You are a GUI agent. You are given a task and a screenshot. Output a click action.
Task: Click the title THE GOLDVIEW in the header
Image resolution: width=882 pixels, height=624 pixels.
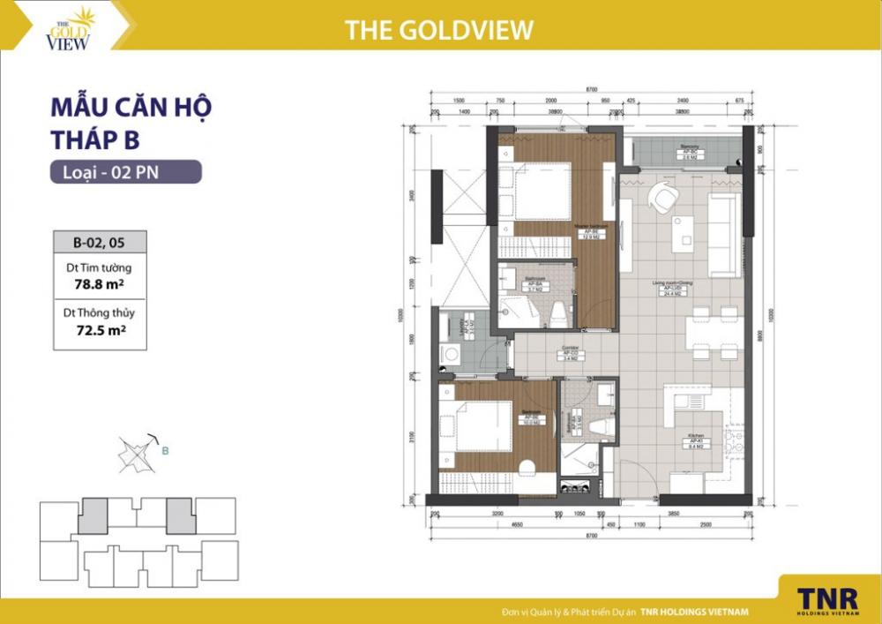[439, 30]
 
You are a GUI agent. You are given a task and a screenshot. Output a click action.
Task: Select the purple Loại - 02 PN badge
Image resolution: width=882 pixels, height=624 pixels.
[125, 172]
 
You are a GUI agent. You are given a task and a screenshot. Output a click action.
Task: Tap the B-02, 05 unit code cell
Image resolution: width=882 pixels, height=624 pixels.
[97, 242]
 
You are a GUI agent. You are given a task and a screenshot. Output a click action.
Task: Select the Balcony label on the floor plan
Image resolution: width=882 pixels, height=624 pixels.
[690, 149]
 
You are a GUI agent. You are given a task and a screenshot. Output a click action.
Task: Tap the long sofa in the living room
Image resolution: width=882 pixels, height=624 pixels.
[725, 234]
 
